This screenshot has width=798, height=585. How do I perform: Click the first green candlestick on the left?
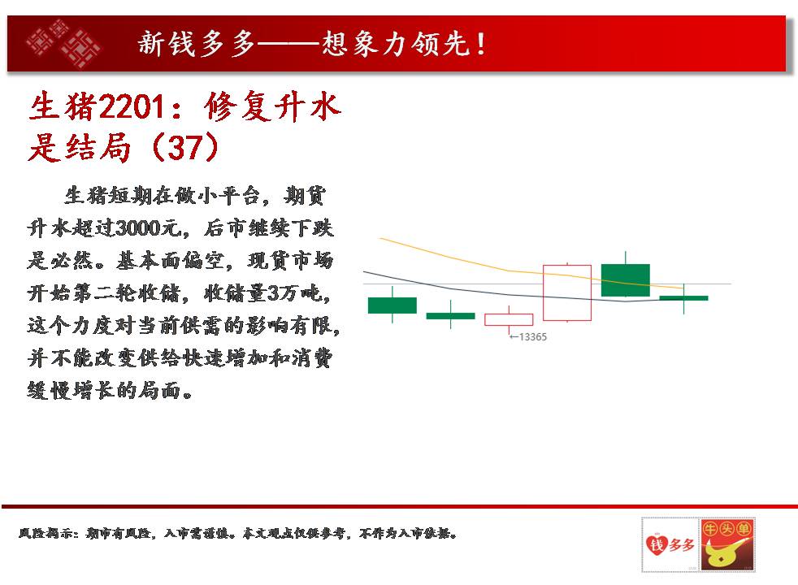point(392,305)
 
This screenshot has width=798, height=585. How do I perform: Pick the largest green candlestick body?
point(626,279)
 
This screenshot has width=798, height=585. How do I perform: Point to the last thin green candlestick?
point(683,298)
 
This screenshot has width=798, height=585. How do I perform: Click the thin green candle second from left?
point(450,316)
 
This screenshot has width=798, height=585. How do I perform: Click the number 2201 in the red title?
point(132,106)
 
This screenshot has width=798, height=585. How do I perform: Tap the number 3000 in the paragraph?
point(138,227)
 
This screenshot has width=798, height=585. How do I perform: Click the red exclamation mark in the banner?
point(481,44)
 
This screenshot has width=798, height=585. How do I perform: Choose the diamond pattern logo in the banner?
point(63,44)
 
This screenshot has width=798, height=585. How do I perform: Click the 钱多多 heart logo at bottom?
point(670,544)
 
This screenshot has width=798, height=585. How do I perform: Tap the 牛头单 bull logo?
point(727,544)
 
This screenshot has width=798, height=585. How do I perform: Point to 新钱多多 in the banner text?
point(197,43)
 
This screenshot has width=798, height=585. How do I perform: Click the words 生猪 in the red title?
point(62,106)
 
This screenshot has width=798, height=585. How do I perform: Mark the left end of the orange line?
point(380,238)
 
